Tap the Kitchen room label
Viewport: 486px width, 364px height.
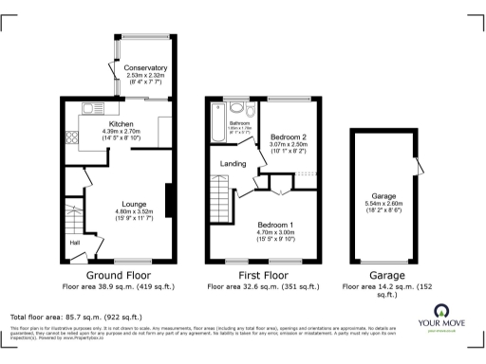click(121, 124)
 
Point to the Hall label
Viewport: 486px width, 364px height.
click(73, 243)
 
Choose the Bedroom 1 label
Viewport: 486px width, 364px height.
click(278, 224)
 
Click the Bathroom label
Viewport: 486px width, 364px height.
click(238, 123)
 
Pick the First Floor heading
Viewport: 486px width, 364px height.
click(265, 273)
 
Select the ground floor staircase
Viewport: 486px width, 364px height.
click(73, 215)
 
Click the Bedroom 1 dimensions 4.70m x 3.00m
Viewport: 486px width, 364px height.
click(278, 232)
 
